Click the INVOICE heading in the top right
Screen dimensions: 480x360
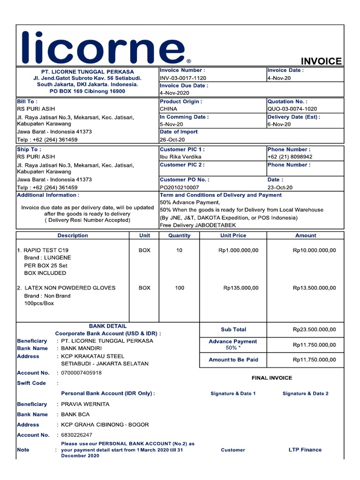point(321,61)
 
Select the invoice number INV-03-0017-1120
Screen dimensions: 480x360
point(183,78)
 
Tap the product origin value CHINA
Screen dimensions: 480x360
point(169,109)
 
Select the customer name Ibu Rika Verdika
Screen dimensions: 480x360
point(180,157)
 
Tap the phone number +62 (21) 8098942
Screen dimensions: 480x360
point(290,157)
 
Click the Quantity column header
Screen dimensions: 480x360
point(180,236)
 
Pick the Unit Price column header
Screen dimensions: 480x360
point(233,236)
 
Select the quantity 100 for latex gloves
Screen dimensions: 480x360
point(180,288)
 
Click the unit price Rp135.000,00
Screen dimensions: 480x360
point(240,288)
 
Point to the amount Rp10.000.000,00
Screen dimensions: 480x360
point(314,250)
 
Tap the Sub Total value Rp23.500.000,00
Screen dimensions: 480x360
point(314,330)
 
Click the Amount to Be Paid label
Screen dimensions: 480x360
point(233,360)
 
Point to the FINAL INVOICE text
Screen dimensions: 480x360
point(272,378)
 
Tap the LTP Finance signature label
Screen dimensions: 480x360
point(305,450)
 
